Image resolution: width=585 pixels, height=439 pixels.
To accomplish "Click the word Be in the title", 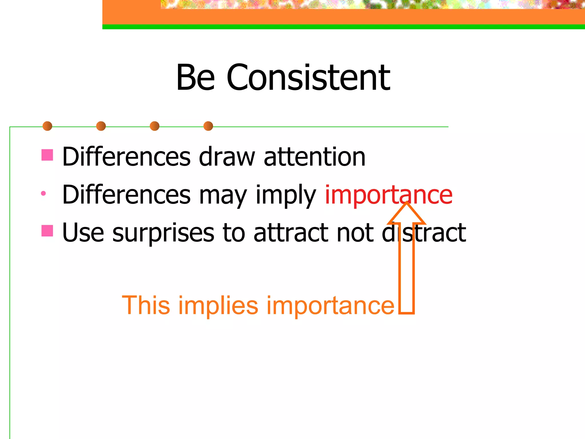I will (195, 77).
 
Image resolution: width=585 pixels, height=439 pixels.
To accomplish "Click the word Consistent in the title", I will (308, 77).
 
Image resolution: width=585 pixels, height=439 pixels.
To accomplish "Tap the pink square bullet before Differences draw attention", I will (47, 155).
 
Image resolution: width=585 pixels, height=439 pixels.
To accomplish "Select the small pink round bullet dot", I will (43, 193).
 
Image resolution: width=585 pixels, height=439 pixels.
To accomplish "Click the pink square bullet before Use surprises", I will (47, 231).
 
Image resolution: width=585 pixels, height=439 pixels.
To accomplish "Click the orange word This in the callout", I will (146, 305).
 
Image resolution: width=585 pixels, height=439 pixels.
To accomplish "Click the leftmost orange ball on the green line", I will (47, 126).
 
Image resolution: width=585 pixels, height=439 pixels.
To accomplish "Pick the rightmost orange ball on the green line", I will (208, 126).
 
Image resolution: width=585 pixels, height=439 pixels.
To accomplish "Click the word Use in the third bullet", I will (83, 233).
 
